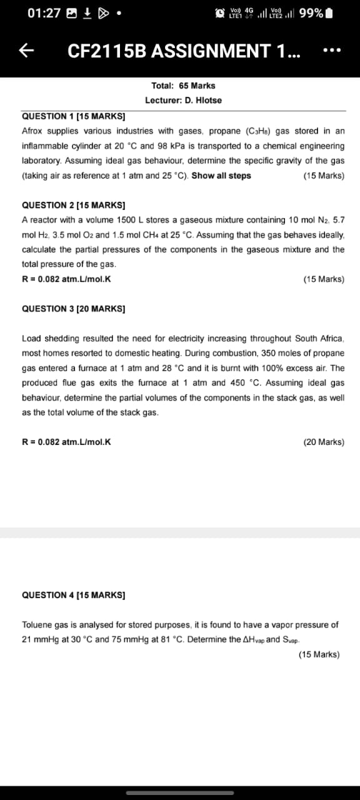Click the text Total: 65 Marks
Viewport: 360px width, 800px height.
[x=183, y=86]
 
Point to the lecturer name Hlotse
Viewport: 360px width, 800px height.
[x=208, y=100]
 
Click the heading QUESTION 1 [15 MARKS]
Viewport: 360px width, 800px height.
[x=73, y=116]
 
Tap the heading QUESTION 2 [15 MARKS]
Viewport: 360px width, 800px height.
[x=73, y=205]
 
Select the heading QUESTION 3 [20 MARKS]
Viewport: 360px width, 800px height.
[x=73, y=309]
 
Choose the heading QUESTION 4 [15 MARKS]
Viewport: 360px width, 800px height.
[x=73, y=595]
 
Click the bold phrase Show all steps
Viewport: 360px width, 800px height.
[x=221, y=176]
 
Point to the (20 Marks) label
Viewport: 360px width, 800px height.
[x=323, y=442]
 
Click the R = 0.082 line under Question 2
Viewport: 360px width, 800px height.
[x=66, y=279]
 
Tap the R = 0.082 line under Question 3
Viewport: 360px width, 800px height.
[x=66, y=442]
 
